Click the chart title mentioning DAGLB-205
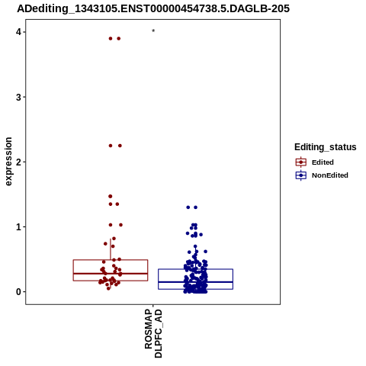(153, 8)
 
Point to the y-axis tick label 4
(18, 32)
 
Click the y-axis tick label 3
(18, 97)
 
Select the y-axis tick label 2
(18, 162)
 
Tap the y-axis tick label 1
(18, 226)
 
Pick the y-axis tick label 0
(18, 292)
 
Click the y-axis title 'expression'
(8, 162)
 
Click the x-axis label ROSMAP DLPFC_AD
(153, 333)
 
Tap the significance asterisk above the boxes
(153, 31)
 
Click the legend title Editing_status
(326, 147)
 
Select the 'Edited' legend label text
(323, 162)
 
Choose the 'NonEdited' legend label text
(330, 175)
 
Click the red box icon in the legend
(301, 162)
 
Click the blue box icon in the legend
(301, 175)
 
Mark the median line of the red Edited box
(111, 274)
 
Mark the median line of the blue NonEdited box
(196, 282)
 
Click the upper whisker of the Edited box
(111, 249)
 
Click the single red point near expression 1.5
(111, 196)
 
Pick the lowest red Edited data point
(108, 288)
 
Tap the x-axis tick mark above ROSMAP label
(153, 306)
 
